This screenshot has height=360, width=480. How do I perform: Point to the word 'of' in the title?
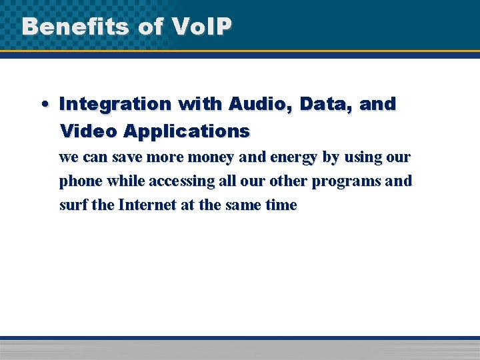point(151,26)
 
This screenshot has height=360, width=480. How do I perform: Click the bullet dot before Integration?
point(43,105)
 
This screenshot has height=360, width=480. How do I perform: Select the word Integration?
point(115,104)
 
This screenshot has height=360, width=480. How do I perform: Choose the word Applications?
point(186,131)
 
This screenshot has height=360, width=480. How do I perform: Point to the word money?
point(193,157)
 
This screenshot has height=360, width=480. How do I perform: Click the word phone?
point(81,181)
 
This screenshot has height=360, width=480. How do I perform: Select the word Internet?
point(147,205)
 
